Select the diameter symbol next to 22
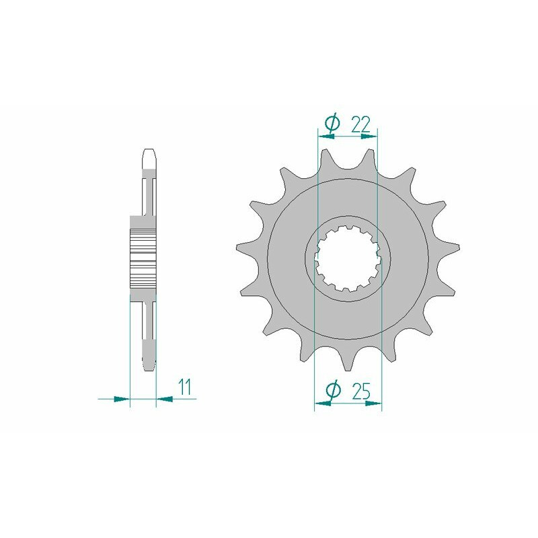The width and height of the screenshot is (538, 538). pos(332,122)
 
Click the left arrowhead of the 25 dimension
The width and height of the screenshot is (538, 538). pos(323,404)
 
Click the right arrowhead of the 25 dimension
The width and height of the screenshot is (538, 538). pos(373,404)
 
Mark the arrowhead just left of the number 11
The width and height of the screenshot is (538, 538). pos(165,399)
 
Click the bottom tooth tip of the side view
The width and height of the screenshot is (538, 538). pos(149,364)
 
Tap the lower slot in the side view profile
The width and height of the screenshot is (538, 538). pos(149,323)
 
